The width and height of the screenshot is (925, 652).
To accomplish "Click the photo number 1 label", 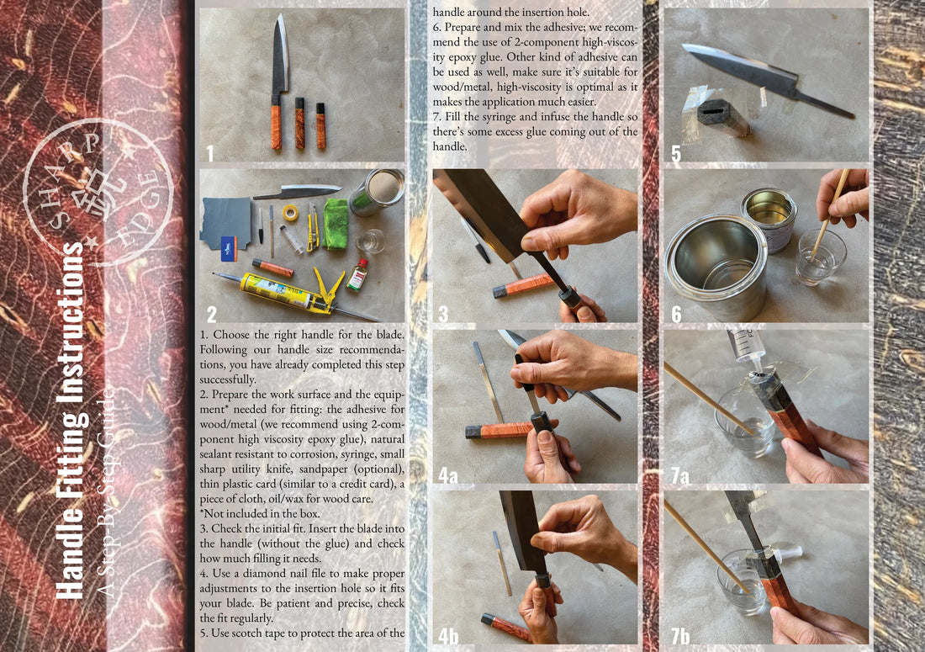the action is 209,153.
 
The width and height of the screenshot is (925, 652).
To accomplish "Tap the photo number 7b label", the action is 680,635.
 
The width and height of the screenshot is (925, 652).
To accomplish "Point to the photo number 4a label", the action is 447,474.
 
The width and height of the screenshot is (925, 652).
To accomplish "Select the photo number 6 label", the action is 677,313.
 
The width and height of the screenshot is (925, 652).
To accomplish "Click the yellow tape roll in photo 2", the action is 289,212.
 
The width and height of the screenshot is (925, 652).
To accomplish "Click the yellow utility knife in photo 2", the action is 312,227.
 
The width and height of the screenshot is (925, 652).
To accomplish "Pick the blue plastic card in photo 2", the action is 229,248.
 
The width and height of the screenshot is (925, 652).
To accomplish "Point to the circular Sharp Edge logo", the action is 98,192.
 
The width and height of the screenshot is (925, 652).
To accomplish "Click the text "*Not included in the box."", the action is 260,513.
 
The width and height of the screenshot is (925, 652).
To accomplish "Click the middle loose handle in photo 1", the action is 299,123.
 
